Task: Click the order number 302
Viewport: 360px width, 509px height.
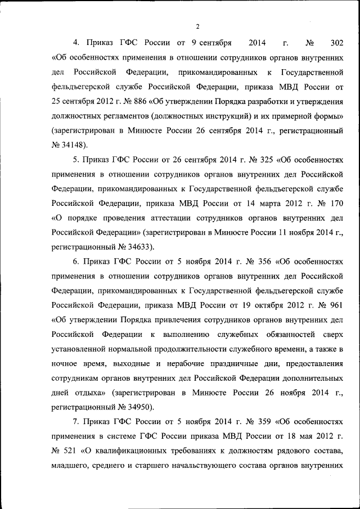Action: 336,42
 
